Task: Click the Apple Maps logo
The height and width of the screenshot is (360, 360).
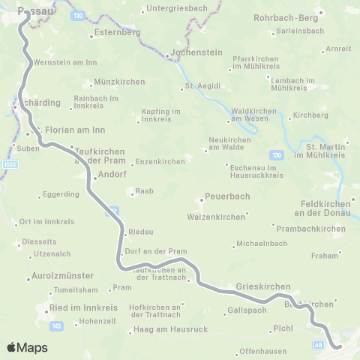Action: point(28,347)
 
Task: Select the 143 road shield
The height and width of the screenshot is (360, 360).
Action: point(58,325)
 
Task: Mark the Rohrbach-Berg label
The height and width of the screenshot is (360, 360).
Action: point(287,16)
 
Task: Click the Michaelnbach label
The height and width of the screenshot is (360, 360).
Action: point(262,243)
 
